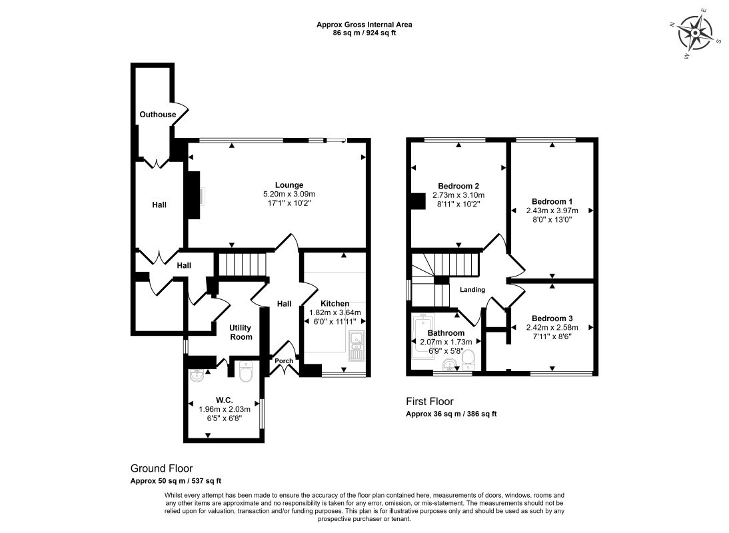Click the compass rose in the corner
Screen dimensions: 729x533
(x=694, y=33)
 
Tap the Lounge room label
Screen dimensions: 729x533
(x=289, y=185)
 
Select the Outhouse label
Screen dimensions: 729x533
(x=158, y=115)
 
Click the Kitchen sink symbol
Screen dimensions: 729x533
(x=357, y=346)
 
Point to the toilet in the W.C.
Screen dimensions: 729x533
(x=245, y=371)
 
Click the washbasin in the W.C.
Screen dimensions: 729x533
(x=197, y=375)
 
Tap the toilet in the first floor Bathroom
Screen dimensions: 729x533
(x=468, y=360)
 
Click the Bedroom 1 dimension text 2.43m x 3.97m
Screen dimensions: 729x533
(x=552, y=211)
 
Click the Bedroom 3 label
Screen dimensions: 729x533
(x=552, y=318)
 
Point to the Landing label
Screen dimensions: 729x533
(x=472, y=290)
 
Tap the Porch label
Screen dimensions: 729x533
(x=284, y=360)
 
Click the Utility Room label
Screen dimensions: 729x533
(x=241, y=332)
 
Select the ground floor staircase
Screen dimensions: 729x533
(x=242, y=265)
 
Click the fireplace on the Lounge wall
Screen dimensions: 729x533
(x=193, y=195)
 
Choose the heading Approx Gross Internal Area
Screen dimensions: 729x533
(x=364, y=25)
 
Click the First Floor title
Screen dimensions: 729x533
(x=430, y=402)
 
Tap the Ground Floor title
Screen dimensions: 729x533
(x=161, y=468)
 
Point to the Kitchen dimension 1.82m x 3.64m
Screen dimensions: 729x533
(x=335, y=312)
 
